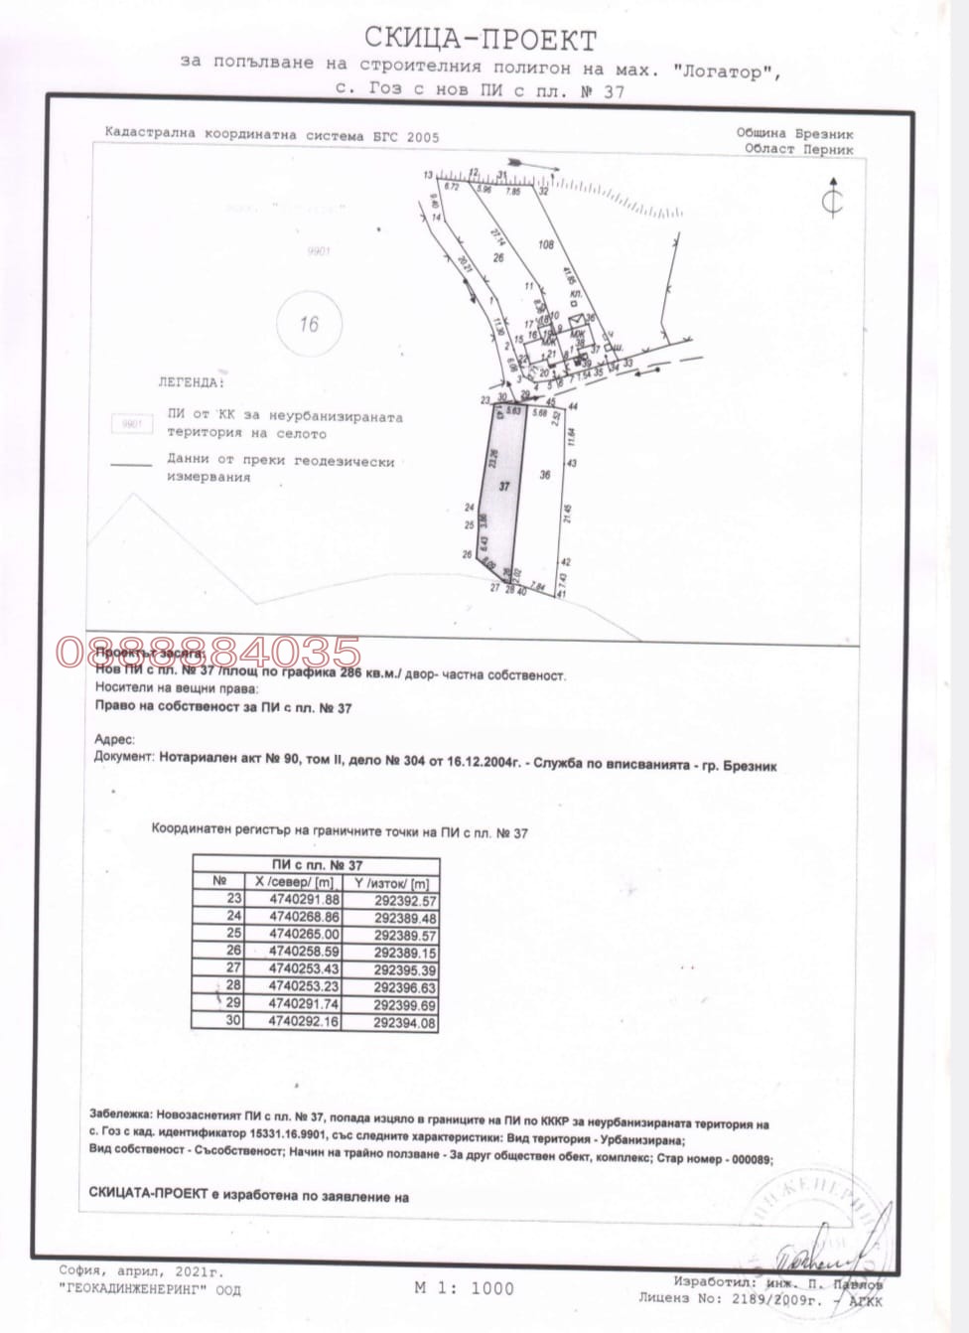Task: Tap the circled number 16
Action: point(309,324)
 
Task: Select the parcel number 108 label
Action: point(545,244)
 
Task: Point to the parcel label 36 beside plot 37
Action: point(544,476)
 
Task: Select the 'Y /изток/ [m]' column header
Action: point(391,883)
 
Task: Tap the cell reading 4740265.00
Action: point(304,936)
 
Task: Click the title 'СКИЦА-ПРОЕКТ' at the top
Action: point(481,40)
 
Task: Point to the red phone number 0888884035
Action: point(208,653)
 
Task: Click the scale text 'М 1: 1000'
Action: point(465,1288)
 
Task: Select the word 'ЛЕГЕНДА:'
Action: point(191,381)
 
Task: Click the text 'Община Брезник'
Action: point(794,133)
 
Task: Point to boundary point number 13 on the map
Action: point(428,175)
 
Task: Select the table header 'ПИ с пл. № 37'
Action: point(317,865)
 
